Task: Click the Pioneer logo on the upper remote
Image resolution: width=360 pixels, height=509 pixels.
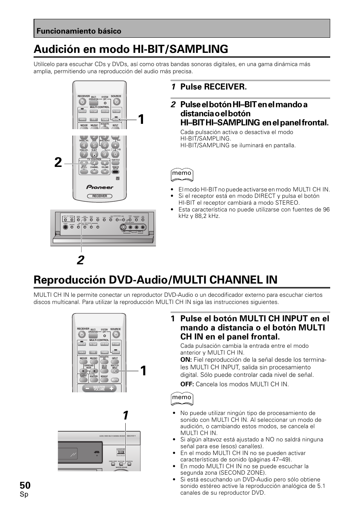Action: point(100,187)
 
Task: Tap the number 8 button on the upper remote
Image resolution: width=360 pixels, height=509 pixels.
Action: point(94,154)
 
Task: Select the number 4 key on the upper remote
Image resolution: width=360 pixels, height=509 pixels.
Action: point(84,145)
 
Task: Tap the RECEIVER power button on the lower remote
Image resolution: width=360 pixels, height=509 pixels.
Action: point(83,334)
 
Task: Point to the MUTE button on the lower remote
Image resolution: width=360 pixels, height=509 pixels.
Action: point(115,379)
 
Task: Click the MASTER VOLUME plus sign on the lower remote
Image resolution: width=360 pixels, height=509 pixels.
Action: point(112,388)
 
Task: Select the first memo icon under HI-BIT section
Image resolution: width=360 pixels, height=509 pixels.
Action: point(182,173)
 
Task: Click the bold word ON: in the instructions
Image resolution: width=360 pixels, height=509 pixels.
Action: point(186,360)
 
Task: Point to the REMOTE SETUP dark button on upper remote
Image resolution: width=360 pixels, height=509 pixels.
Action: point(115,171)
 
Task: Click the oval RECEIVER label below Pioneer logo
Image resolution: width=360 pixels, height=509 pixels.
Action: point(100,196)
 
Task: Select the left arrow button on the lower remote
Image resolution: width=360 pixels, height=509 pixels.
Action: point(84,372)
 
